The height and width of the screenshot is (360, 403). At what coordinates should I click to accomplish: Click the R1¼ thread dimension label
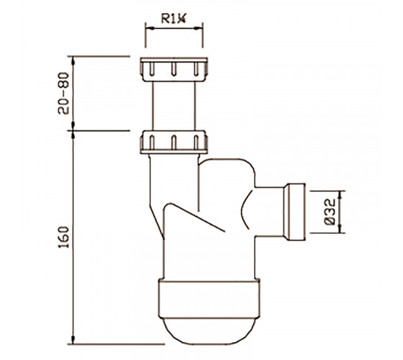pos(173,19)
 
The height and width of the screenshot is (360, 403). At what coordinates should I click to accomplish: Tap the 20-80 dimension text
pos(63,93)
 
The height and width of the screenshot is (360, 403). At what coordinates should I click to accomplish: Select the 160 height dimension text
pos(63,237)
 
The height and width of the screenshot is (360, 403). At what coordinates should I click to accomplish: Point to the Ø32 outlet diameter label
pos(330,212)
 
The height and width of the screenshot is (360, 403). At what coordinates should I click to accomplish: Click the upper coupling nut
pos(173,69)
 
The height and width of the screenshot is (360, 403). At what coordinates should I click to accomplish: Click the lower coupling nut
pos(173,143)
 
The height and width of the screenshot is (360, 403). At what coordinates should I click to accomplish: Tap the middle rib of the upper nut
pos(173,69)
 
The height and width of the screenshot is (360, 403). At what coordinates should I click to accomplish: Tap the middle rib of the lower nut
pos(173,143)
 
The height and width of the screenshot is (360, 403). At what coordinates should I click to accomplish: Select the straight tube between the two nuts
pos(173,107)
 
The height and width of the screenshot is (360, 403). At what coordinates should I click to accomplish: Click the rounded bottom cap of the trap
pos(209,331)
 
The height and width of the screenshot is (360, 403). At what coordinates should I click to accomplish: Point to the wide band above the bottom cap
pos(209,299)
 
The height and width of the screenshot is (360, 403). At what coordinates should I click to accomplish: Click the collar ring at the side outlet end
pos(294,212)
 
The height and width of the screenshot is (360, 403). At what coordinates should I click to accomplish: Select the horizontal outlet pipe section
pos(269,212)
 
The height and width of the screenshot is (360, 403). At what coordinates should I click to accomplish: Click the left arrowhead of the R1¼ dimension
pos(150,28)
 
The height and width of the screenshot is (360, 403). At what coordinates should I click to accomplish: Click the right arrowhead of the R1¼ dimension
pos(199,28)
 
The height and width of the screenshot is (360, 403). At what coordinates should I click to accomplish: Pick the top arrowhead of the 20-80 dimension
pos(73,61)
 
